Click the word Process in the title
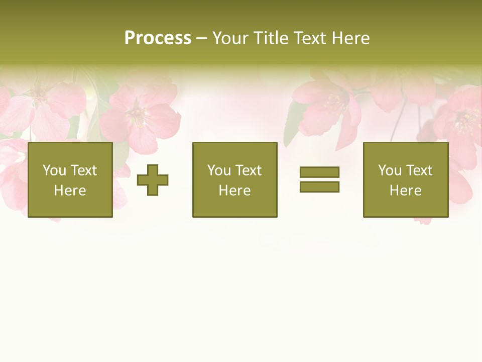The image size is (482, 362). coord(158,38)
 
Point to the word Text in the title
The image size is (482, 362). coord(307,38)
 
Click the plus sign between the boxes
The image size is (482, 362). coord(153,179)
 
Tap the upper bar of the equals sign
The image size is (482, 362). coord(319,172)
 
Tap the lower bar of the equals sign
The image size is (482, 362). coord(319,187)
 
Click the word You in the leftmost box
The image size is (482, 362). coord(54,170)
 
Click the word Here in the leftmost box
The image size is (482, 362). coord(70,191)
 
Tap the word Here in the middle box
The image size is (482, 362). coord(234,191)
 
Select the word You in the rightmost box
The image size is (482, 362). coord(390,170)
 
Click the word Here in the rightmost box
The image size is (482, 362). coord(405,191)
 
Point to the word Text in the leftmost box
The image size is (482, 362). coord(83,170)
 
